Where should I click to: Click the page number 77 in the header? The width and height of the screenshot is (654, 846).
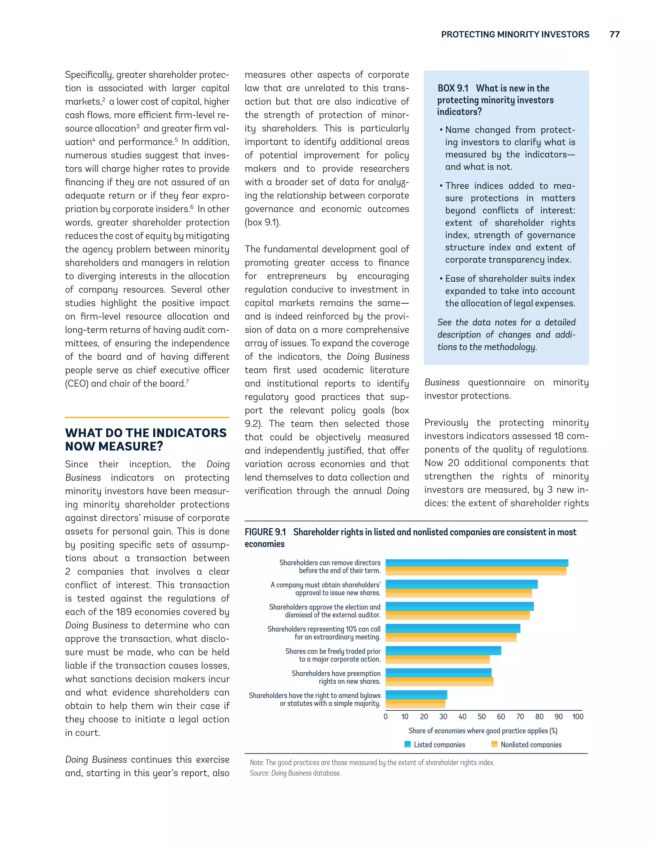pyautogui.click(x=614, y=34)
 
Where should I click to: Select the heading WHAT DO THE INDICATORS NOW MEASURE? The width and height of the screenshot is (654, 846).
pyautogui.click(x=145, y=439)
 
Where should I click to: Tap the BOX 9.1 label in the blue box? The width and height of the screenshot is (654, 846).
pyautogui.click(x=452, y=88)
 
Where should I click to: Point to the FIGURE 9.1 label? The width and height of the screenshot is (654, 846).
pyautogui.click(x=265, y=532)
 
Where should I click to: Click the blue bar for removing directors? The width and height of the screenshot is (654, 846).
pyautogui.click(x=476, y=563)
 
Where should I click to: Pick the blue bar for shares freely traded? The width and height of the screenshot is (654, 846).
pyautogui.click(x=443, y=651)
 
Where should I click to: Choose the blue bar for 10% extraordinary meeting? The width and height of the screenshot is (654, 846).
pyautogui.click(x=452, y=628)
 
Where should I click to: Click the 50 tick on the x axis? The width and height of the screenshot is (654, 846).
pyautogui.click(x=482, y=717)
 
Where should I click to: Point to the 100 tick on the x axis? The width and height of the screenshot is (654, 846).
pyautogui.click(x=577, y=717)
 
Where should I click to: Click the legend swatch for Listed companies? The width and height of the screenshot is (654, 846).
pyautogui.click(x=407, y=744)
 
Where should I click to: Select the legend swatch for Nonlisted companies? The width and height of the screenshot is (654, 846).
pyautogui.click(x=494, y=744)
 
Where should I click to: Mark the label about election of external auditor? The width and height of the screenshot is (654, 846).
pyautogui.click(x=325, y=611)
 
